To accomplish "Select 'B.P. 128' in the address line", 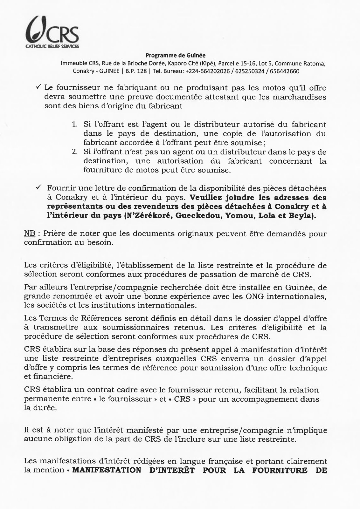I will click(136, 71).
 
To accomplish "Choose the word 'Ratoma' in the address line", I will click(315, 63).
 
